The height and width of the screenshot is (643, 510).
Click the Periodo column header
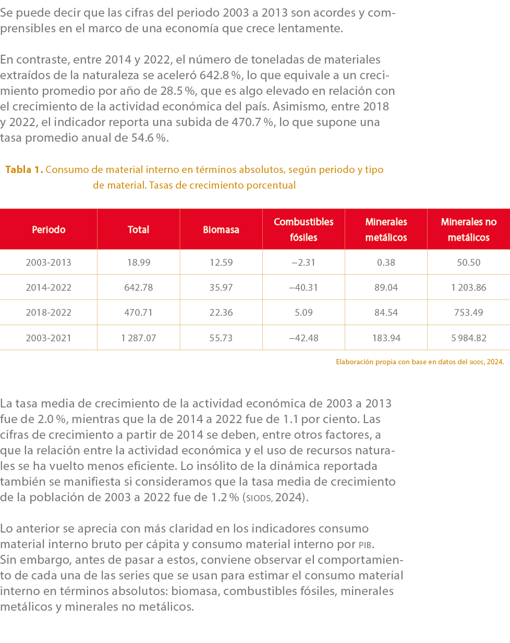pos(48,229)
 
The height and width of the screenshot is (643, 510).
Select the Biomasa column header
pos(221,229)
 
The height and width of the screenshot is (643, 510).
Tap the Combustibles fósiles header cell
pos(303,229)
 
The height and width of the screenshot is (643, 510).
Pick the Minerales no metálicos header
pos(468,229)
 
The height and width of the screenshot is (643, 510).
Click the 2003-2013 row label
pos(48,263)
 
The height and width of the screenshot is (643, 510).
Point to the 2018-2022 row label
pos(48,313)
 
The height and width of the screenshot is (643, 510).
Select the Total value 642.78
pos(138,288)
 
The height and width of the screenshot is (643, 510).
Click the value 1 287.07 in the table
pos(138,338)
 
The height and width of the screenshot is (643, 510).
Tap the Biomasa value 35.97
pos(221,288)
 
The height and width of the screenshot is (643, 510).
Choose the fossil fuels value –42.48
pos(303,338)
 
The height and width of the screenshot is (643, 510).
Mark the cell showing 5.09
pos(303,313)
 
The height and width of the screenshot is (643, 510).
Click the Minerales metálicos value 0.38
pos(386,263)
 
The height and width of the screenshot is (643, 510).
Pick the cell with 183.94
pos(386,338)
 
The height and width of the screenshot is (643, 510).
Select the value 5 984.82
pos(468,338)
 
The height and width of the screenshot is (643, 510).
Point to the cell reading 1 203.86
pos(468,288)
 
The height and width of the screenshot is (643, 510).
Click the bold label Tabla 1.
pos(24,170)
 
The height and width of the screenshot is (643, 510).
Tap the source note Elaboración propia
pos(419,362)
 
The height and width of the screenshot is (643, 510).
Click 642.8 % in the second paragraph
pos(221,76)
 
